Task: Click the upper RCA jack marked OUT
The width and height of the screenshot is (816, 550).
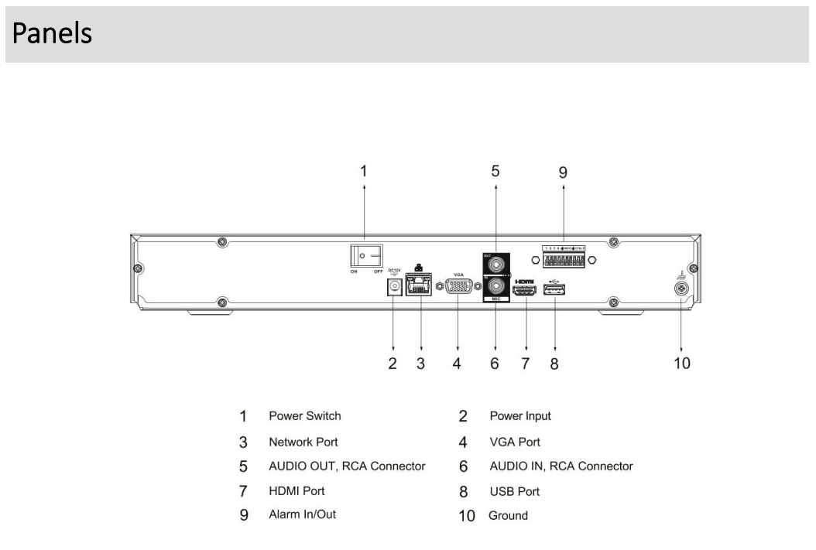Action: (x=495, y=263)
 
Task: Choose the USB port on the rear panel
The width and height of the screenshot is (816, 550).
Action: (x=555, y=290)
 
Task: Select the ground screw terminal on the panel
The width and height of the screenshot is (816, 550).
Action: (x=681, y=288)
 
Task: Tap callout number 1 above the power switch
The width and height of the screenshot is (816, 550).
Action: (x=365, y=172)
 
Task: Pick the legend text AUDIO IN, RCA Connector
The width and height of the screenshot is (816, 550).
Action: (x=561, y=466)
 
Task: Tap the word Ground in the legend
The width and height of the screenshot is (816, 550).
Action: (x=508, y=515)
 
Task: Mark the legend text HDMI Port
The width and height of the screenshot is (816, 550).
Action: (x=297, y=490)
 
